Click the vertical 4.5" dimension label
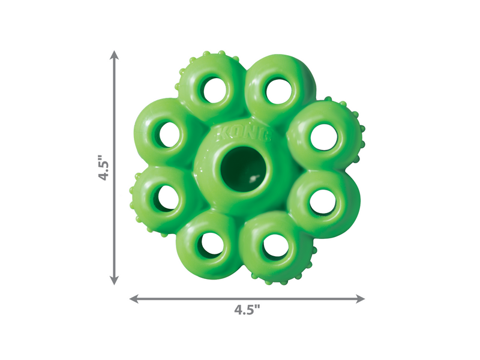[103, 167]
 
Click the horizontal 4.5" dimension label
[247, 310]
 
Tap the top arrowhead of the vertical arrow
[115, 55]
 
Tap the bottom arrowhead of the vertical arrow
[115, 280]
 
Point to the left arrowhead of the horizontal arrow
[134, 298]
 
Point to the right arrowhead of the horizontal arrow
[360, 298]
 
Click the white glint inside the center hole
[254, 179]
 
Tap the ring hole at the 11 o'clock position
[215, 91]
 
